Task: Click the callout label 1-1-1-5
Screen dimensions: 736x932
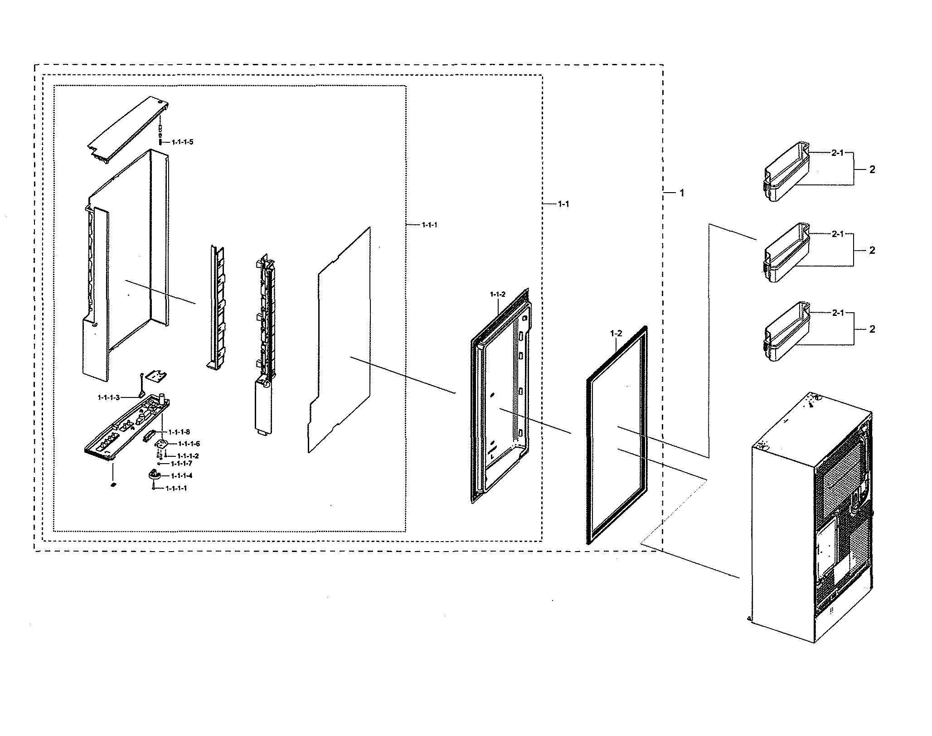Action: pyautogui.click(x=182, y=142)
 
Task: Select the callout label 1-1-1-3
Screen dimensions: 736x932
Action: pyautogui.click(x=108, y=397)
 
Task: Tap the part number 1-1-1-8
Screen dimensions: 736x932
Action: pyautogui.click(x=180, y=432)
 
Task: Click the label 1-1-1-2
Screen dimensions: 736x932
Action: pyautogui.click(x=188, y=456)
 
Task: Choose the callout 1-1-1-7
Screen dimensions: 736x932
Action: pyautogui.click(x=181, y=464)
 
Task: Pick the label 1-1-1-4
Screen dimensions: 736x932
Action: pyautogui.click(x=181, y=475)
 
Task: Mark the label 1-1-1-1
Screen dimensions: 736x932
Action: pyautogui.click(x=176, y=488)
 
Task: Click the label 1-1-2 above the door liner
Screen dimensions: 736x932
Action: pyautogui.click(x=497, y=294)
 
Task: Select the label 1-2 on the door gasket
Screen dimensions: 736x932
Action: pyautogui.click(x=616, y=333)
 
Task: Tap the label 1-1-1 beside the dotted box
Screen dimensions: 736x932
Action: pyautogui.click(x=429, y=225)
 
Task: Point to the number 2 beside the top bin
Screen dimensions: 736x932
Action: pyautogui.click(x=872, y=169)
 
